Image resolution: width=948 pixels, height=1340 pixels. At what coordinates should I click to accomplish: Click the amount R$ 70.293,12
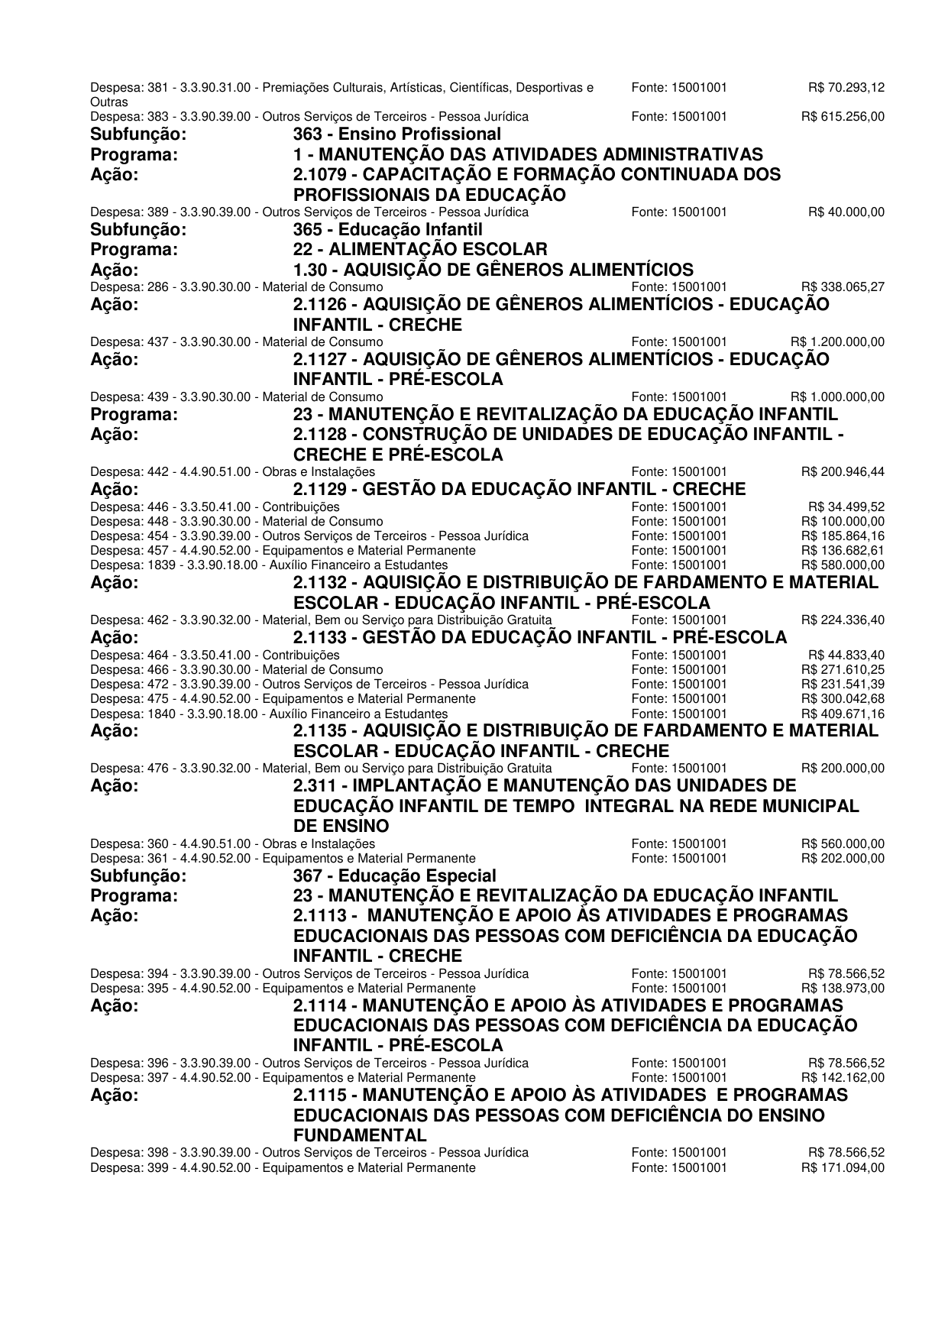[x=846, y=88]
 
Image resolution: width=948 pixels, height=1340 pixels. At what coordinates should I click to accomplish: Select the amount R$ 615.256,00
[x=843, y=117]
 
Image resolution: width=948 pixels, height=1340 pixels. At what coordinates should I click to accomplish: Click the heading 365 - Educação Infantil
[x=387, y=230]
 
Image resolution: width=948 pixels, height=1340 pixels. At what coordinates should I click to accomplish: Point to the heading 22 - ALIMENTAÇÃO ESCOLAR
[x=420, y=250]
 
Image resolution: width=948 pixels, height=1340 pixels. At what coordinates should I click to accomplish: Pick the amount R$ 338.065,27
[x=843, y=287]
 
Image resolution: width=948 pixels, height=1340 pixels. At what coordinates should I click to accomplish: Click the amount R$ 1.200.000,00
[x=837, y=341]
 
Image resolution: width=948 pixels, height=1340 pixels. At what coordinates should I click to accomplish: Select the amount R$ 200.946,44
[x=843, y=472]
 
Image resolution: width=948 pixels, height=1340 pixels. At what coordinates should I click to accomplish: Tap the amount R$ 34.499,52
[x=846, y=507]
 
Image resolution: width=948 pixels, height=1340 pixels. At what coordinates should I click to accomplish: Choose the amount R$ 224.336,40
[x=843, y=620]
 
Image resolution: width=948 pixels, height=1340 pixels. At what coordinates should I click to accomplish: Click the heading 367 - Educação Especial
[x=394, y=876]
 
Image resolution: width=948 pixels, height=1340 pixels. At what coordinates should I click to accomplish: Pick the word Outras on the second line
[x=108, y=102]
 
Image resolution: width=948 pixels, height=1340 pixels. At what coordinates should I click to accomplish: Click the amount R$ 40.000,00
[x=846, y=212]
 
